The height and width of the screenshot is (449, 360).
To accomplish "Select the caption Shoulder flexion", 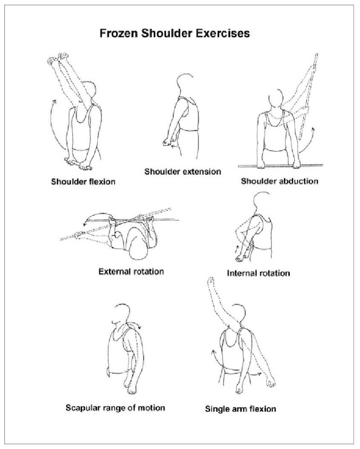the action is (x=83, y=181).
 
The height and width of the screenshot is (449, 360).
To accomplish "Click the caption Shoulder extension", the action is (x=183, y=172).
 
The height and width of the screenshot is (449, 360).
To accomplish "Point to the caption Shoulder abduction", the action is (x=280, y=181).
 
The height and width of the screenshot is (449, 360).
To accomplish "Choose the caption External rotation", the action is (x=131, y=271).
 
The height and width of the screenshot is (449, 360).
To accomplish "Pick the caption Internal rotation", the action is (x=258, y=273).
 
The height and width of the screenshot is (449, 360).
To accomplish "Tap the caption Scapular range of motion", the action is (x=115, y=408).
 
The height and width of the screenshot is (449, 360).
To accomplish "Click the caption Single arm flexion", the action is (x=240, y=409).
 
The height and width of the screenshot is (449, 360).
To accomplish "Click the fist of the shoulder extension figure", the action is (x=167, y=143).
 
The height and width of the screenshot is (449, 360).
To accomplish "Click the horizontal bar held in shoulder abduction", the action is (x=280, y=166).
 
